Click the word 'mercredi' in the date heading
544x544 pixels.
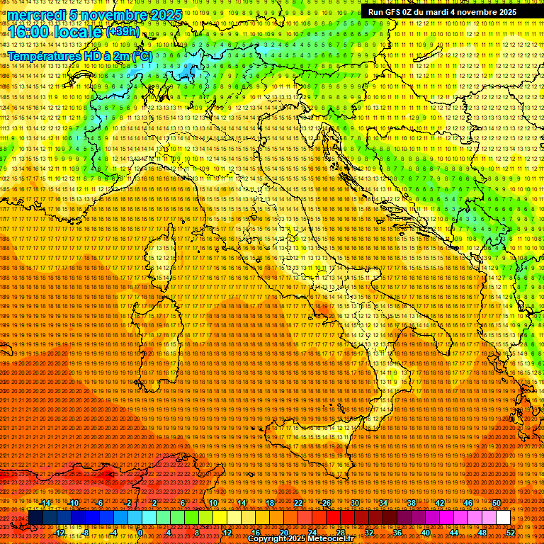click(x=34, y=15)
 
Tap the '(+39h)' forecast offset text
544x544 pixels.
click(x=122, y=32)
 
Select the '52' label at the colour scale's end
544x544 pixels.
click(x=510, y=533)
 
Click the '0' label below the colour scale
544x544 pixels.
click(x=141, y=533)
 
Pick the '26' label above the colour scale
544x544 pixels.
click(x=326, y=502)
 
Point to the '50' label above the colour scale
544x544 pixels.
click(x=496, y=502)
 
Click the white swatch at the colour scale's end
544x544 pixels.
click(x=503, y=517)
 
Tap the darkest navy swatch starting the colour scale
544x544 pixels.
click(x=35, y=517)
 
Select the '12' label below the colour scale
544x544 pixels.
click(x=227, y=533)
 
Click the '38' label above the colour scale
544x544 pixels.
click(x=411, y=502)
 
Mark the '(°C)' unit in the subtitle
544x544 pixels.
click(x=141, y=55)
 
